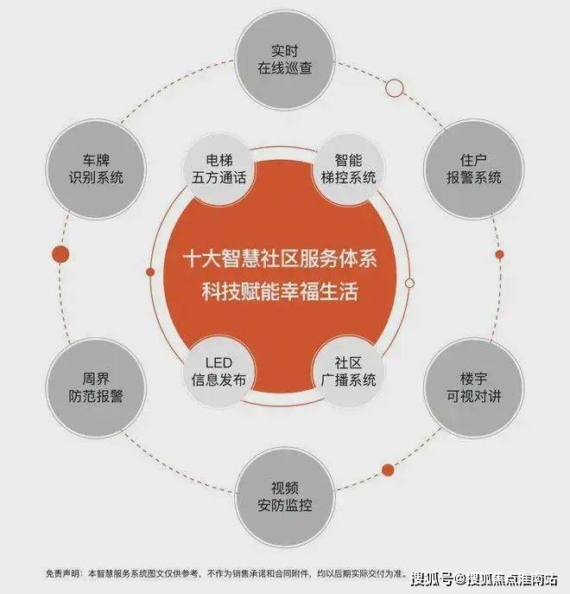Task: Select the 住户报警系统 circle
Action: pos(473,169)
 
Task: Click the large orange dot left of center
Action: pos(60,254)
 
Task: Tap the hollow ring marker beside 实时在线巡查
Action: pos(395,87)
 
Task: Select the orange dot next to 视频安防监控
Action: pos(388,469)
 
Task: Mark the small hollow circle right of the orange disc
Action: pos(409,283)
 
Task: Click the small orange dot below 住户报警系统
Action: pos(499,255)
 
